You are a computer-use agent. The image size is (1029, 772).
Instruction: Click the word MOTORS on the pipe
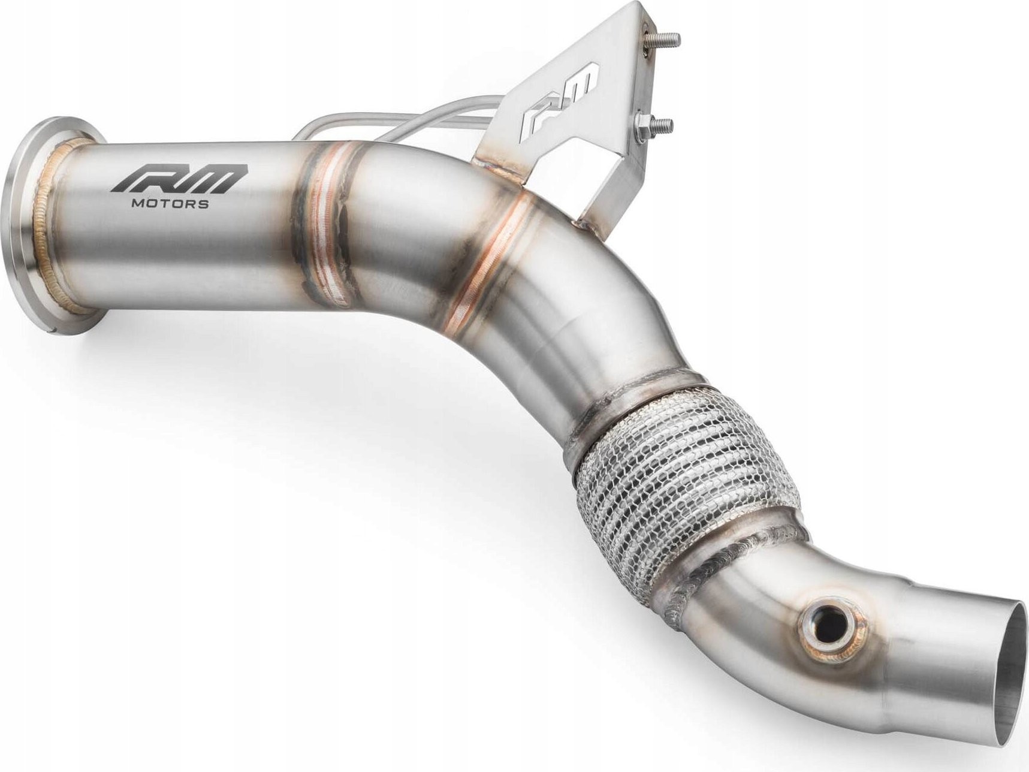pyautogui.click(x=170, y=204)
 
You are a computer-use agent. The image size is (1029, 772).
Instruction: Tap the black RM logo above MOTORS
pyautogui.click(x=177, y=179)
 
